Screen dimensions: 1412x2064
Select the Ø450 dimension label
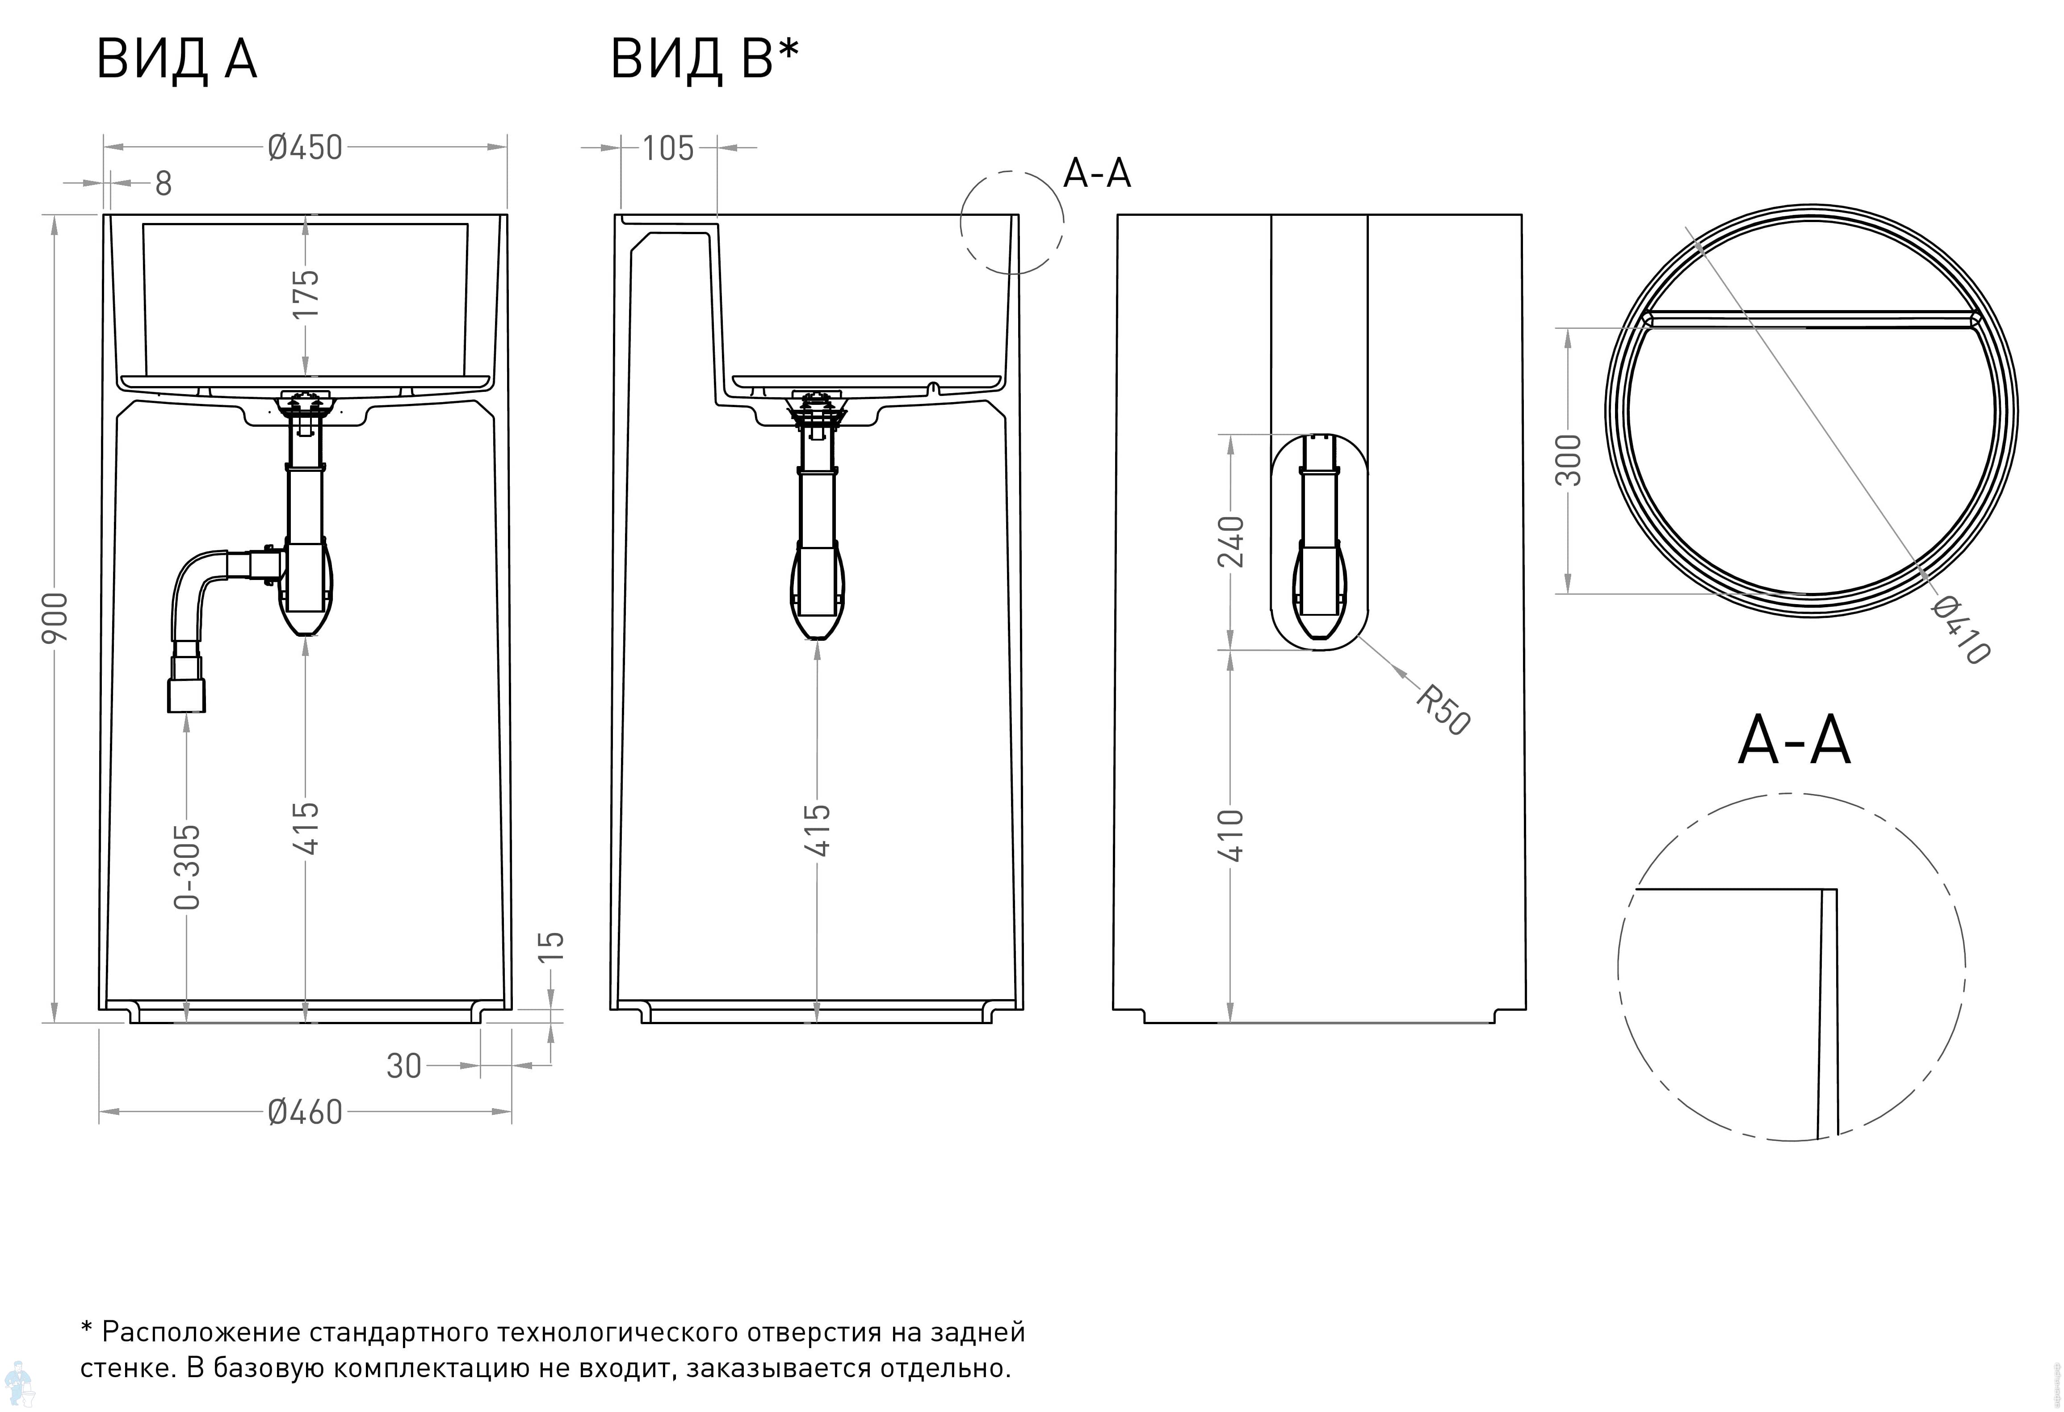pyautogui.click(x=305, y=147)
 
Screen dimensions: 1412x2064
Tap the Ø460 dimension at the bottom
pyautogui.click(x=305, y=1112)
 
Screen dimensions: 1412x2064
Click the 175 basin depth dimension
pyautogui.click(x=306, y=294)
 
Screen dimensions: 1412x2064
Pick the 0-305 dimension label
pyautogui.click(x=187, y=867)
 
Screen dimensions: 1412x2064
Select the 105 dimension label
pyautogui.click(x=668, y=148)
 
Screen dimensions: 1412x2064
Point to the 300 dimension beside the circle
pyautogui.click(x=1569, y=460)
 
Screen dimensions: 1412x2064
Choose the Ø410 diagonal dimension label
pyautogui.click(x=1960, y=630)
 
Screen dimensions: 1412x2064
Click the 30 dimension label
pyautogui.click(x=404, y=1066)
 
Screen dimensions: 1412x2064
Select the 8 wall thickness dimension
pyautogui.click(x=164, y=184)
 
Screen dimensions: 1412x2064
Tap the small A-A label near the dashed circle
pyautogui.click(x=1097, y=173)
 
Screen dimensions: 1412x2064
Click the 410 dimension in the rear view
pyautogui.click(x=1231, y=835)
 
